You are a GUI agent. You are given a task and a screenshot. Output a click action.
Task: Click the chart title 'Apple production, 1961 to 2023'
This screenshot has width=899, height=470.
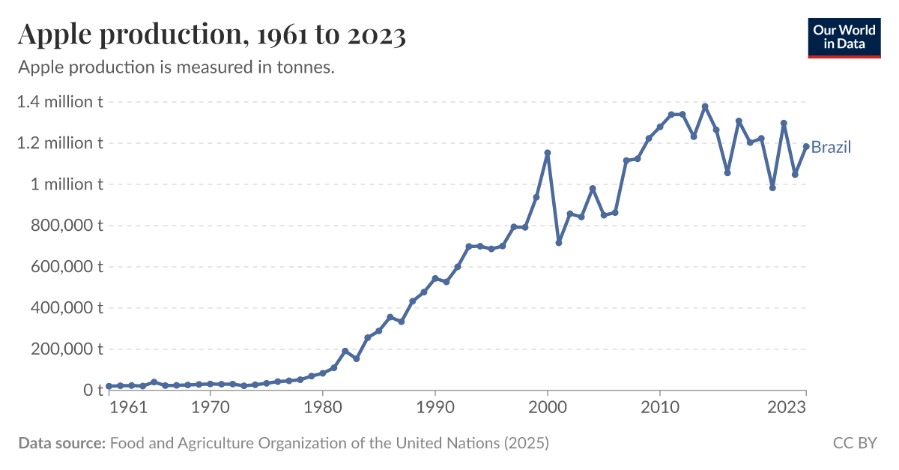coord(211,34)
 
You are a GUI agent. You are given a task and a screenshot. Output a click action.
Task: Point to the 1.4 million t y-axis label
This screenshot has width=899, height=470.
coord(60,102)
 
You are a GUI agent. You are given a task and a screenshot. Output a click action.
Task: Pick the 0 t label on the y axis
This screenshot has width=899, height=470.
coord(93,391)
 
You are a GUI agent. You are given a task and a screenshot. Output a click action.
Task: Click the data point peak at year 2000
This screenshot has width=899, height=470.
coord(548,153)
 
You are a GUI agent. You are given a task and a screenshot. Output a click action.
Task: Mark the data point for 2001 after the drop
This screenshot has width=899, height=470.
coord(559,243)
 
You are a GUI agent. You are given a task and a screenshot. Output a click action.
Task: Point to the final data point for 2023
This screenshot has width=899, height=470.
coord(806,147)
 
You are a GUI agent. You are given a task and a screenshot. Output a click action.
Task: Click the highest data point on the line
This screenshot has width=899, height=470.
coord(705,106)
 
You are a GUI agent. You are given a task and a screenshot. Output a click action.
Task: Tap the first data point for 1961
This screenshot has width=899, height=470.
coord(109,386)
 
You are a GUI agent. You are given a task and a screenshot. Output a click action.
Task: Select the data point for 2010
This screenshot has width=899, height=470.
coord(660,127)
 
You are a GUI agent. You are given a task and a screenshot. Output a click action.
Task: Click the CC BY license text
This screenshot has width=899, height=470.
coord(855,443)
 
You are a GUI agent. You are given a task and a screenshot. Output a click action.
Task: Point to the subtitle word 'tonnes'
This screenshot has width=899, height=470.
coord(306,67)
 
